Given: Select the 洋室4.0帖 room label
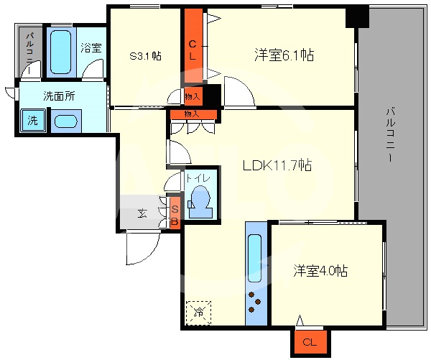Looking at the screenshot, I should pos(320,271).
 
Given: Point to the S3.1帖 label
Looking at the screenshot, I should pos(144,55).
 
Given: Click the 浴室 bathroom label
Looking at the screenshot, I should pos(91,49).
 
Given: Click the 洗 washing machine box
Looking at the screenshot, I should pos(32,121).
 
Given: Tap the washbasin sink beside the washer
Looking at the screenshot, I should pos(65,121).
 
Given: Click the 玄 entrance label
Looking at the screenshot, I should pos(142,213).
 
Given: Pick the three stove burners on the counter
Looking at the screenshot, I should pos(254,303).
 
